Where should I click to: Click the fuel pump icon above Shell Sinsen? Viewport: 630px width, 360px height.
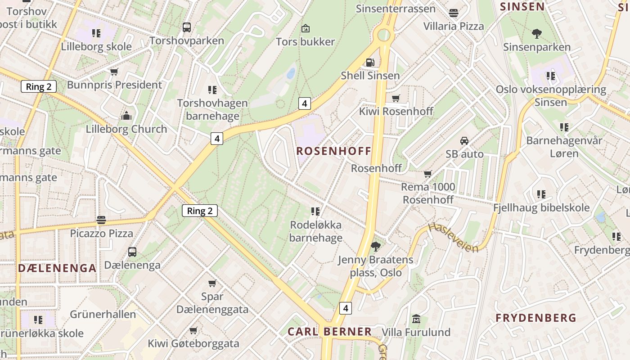tap(369, 62)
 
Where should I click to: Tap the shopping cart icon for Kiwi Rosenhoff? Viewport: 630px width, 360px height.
tap(396, 98)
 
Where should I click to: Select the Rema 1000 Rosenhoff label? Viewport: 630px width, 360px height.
tap(428, 193)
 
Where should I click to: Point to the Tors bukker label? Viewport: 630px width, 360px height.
tap(305, 42)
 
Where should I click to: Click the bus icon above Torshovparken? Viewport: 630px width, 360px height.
tap(187, 27)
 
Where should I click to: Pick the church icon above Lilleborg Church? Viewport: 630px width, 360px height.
tap(126, 116)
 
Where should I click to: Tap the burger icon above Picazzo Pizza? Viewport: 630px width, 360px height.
tap(101, 220)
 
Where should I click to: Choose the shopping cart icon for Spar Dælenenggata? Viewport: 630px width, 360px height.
tap(212, 283)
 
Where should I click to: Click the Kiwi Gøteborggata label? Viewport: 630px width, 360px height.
tap(193, 343)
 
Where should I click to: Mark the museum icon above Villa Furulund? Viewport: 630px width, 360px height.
tap(416, 319)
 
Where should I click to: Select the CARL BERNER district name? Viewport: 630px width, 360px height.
tap(329, 332)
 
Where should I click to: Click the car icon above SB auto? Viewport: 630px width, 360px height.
tap(464, 141)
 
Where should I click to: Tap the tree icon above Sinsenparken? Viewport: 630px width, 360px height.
tap(536, 33)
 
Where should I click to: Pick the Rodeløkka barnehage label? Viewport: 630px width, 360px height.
tap(315, 231)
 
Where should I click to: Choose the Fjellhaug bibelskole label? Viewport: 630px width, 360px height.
tap(541, 207)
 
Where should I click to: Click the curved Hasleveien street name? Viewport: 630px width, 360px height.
tap(452, 238)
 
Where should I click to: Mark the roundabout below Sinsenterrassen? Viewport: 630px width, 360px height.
tap(384, 35)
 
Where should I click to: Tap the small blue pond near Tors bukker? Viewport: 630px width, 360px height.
tap(291, 73)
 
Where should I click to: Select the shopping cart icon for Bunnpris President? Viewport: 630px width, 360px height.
tap(114, 72)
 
